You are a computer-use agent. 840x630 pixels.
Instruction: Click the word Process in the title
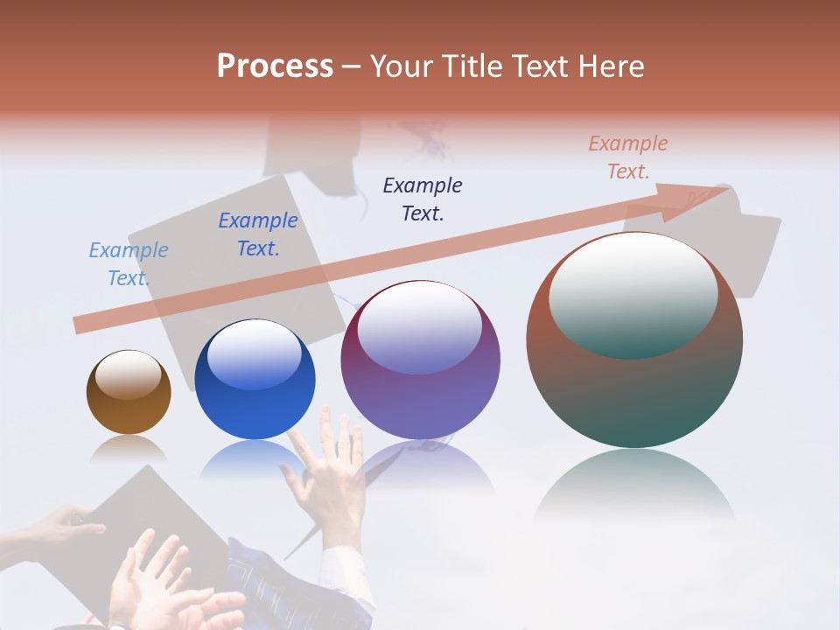pyautogui.click(x=275, y=66)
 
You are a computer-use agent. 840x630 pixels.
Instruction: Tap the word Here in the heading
pyautogui.click(x=609, y=66)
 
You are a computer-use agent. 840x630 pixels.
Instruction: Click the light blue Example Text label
pyautogui.click(x=129, y=264)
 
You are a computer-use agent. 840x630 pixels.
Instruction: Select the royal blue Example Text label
pyautogui.click(x=258, y=234)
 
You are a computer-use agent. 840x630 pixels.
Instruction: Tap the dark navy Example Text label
pyautogui.click(x=423, y=199)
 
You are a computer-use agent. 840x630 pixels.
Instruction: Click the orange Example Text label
pyautogui.click(x=628, y=157)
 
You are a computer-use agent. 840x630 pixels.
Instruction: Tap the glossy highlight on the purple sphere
pyautogui.click(x=419, y=326)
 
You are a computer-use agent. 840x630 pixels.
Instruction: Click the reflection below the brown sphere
pyautogui.click(x=129, y=449)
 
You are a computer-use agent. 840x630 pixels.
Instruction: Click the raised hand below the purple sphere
pyautogui.click(x=329, y=472)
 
